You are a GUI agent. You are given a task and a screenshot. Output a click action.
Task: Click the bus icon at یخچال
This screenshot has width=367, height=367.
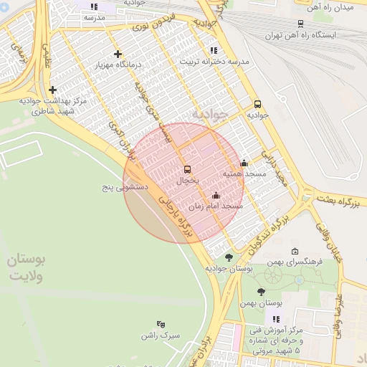point(188,169)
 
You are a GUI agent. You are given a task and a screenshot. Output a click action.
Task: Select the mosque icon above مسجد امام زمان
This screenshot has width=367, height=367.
point(216,195)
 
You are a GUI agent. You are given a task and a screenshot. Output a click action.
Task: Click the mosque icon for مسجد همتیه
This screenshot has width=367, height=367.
point(244,163)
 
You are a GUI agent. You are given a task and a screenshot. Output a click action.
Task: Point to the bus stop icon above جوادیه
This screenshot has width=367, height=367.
point(258,103)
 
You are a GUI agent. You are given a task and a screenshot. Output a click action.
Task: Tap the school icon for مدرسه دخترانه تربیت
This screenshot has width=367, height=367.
point(213,50)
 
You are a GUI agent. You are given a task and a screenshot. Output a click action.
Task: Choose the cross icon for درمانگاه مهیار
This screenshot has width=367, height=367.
point(118,54)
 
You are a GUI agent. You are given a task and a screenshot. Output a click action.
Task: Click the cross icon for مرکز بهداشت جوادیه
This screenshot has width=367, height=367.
point(52,90)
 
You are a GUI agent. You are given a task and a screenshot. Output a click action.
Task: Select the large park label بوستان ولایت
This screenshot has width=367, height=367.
point(26,268)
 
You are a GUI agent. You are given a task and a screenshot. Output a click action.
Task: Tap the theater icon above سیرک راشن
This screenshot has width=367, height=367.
point(160,324)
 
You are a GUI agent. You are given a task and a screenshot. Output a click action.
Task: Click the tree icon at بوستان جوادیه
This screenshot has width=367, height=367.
point(229,257)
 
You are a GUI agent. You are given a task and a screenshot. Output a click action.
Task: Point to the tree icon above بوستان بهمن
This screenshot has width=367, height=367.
point(260,292)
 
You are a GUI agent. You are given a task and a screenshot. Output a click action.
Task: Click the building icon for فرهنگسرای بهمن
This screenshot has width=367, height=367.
point(295,251)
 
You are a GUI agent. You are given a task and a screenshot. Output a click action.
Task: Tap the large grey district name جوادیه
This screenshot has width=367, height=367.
point(209,113)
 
